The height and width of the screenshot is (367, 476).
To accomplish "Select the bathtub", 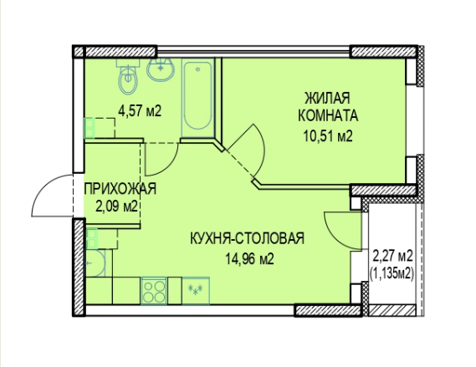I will click(x=198, y=96).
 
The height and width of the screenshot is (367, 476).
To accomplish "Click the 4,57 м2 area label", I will click(x=139, y=110).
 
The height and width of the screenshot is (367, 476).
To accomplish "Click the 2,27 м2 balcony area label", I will click(x=393, y=256).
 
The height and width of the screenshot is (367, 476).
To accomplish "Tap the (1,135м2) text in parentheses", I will click(x=393, y=273).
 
